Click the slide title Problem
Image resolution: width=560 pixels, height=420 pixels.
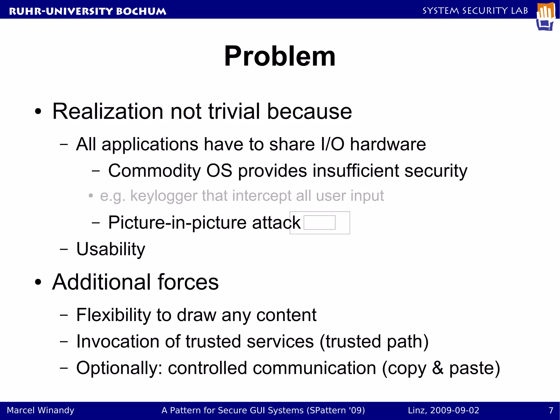pyautogui.click(x=279, y=56)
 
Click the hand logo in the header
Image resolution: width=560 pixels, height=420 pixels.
pyautogui.click(x=546, y=16)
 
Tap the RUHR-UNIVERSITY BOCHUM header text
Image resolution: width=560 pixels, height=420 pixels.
pyautogui.click(x=87, y=11)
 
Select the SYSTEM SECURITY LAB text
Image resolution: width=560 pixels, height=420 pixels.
pyautogui.click(x=475, y=11)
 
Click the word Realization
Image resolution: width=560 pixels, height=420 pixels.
pyautogui.click(x=108, y=112)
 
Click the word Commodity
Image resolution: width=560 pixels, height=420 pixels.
pyautogui.click(x=154, y=171)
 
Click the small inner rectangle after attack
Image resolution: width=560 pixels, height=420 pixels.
pyautogui.click(x=319, y=222)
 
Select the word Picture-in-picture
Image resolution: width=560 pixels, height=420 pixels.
pyautogui.click(x=177, y=223)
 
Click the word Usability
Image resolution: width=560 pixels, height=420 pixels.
pyautogui.click(x=111, y=249)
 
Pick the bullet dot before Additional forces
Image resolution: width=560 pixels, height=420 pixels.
pyautogui.click(x=38, y=282)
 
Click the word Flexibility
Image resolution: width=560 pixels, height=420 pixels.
pyautogui.click(x=113, y=315)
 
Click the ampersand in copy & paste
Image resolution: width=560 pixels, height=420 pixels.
pyautogui.click(x=437, y=368)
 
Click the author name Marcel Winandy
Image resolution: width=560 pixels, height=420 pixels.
pyautogui.click(x=40, y=410)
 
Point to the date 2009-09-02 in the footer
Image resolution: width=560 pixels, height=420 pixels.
pyautogui.click(x=455, y=410)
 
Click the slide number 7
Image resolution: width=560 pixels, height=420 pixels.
pyautogui.click(x=551, y=410)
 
